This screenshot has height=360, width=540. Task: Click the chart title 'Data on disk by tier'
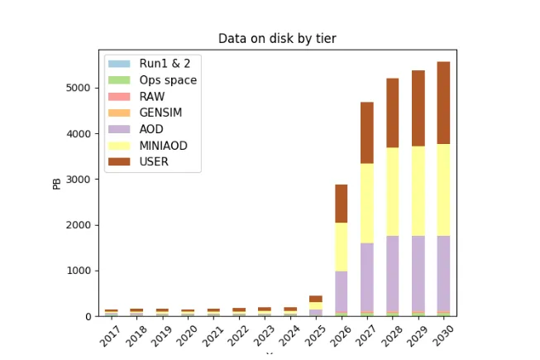coord(277,38)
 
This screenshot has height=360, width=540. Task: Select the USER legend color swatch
coord(119,162)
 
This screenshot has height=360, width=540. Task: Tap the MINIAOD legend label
coord(163,146)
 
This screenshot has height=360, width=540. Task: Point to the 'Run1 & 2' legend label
coord(165,64)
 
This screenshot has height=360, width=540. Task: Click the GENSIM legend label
coord(160,113)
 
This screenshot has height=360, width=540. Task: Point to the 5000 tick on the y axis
coord(79,88)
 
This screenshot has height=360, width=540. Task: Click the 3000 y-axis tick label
coord(79,179)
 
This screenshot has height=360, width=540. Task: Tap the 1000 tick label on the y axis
coord(79,271)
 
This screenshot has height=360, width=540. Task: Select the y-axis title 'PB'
coord(57,184)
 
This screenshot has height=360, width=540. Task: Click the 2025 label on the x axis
coord(315,335)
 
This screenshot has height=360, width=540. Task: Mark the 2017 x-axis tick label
coord(110,335)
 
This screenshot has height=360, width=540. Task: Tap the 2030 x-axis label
coord(443,335)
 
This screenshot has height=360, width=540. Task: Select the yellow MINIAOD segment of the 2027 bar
coord(367,204)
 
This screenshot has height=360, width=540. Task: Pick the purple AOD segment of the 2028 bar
coord(393,274)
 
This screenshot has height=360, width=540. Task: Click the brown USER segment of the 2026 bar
coord(342,204)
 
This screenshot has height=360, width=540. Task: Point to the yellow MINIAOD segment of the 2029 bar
coord(418,191)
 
